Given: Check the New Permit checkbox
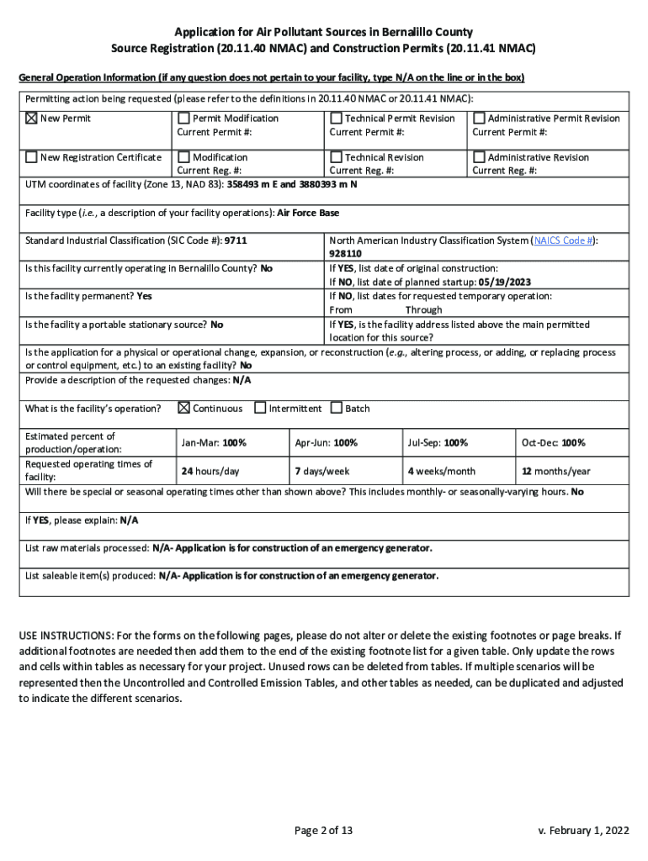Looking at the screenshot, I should (x=31, y=119).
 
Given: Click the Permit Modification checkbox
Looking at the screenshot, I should (x=183, y=119).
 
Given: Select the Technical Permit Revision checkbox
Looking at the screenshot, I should (x=336, y=119).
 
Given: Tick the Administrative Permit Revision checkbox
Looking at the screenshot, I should (x=479, y=119).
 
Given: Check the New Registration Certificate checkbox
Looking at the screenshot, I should (x=31, y=157).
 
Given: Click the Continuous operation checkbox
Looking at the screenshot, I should (x=183, y=409).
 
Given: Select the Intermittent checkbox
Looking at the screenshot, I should (x=260, y=409).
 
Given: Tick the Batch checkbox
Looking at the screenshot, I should (x=336, y=409).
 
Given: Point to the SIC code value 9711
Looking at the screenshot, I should (x=236, y=240).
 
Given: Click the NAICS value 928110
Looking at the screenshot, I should (x=345, y=253).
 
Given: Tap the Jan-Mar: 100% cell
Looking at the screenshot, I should (x=214, y=443).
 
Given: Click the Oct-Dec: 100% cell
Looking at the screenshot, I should (x=553, y=443).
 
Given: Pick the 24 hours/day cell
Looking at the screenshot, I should (x=210, y=471).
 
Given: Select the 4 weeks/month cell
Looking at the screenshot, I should (x=441, y=471).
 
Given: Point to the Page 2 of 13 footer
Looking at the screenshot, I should (x=323, y=831).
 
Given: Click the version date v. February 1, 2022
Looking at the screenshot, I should (x=583, y=831).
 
